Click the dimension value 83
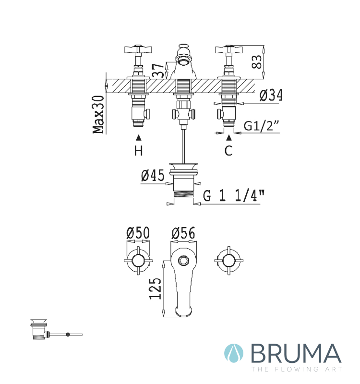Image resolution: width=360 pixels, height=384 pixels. tap(257, 62)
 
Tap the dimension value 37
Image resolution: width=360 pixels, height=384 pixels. tap(158, 71)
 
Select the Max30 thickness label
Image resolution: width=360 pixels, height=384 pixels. tap(98, 115)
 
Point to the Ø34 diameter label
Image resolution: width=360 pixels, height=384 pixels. tap(271, 95)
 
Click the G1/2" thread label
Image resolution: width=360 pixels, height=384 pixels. tap(261, 126)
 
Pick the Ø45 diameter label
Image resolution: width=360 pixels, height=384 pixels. tap(153, 175)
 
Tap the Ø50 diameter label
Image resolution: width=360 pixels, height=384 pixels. tap(138, 233)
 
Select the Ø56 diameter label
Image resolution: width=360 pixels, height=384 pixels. tap(183, 233)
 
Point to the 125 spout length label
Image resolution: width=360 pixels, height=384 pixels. tap(156, 288)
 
